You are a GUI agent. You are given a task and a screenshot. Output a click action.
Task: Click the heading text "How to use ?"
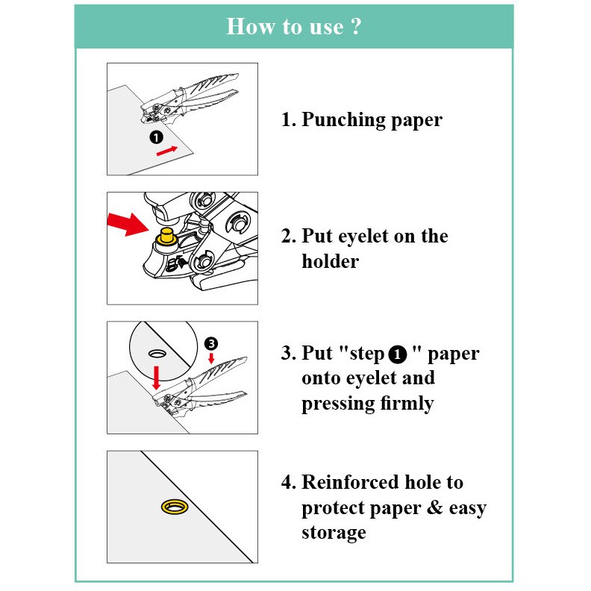tap(294, 27)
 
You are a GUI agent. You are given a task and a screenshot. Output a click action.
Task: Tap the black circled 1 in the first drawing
tap(156, 137)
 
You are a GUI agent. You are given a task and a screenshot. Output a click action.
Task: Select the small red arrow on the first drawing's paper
tap(168, 151)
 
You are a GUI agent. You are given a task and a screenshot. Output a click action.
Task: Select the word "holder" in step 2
tap(330, 262)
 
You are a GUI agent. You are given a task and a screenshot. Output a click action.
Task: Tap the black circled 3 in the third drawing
tap(211, 343)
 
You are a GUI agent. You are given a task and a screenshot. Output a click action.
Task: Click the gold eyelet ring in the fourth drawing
tap(177, 507)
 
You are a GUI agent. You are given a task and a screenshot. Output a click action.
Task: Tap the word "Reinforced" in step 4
tap(353, 483)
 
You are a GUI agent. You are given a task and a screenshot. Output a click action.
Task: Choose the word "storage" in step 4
tap(334, 533)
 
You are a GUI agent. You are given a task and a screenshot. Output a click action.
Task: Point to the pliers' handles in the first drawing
tap(213, 93)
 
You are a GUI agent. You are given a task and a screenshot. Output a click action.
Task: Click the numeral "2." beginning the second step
tap(289, 237)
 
